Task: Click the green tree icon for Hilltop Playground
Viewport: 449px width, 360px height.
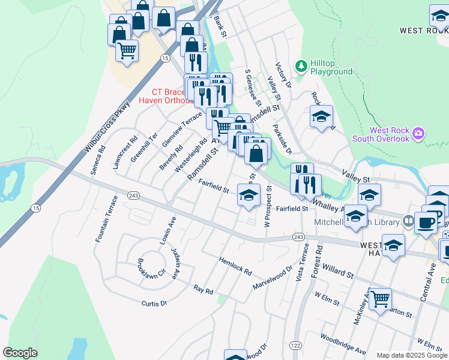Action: coord(301,65)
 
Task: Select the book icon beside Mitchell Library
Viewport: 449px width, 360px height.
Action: coord(409,222)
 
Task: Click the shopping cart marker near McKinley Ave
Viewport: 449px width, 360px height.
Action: coord(379,299)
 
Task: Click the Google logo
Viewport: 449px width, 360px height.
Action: coord(20,353)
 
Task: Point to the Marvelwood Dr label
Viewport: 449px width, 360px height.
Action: coord(272,276)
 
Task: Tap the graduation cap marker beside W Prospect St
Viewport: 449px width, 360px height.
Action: coord(249,194)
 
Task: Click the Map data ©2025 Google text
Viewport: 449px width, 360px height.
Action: coord(411,355)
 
